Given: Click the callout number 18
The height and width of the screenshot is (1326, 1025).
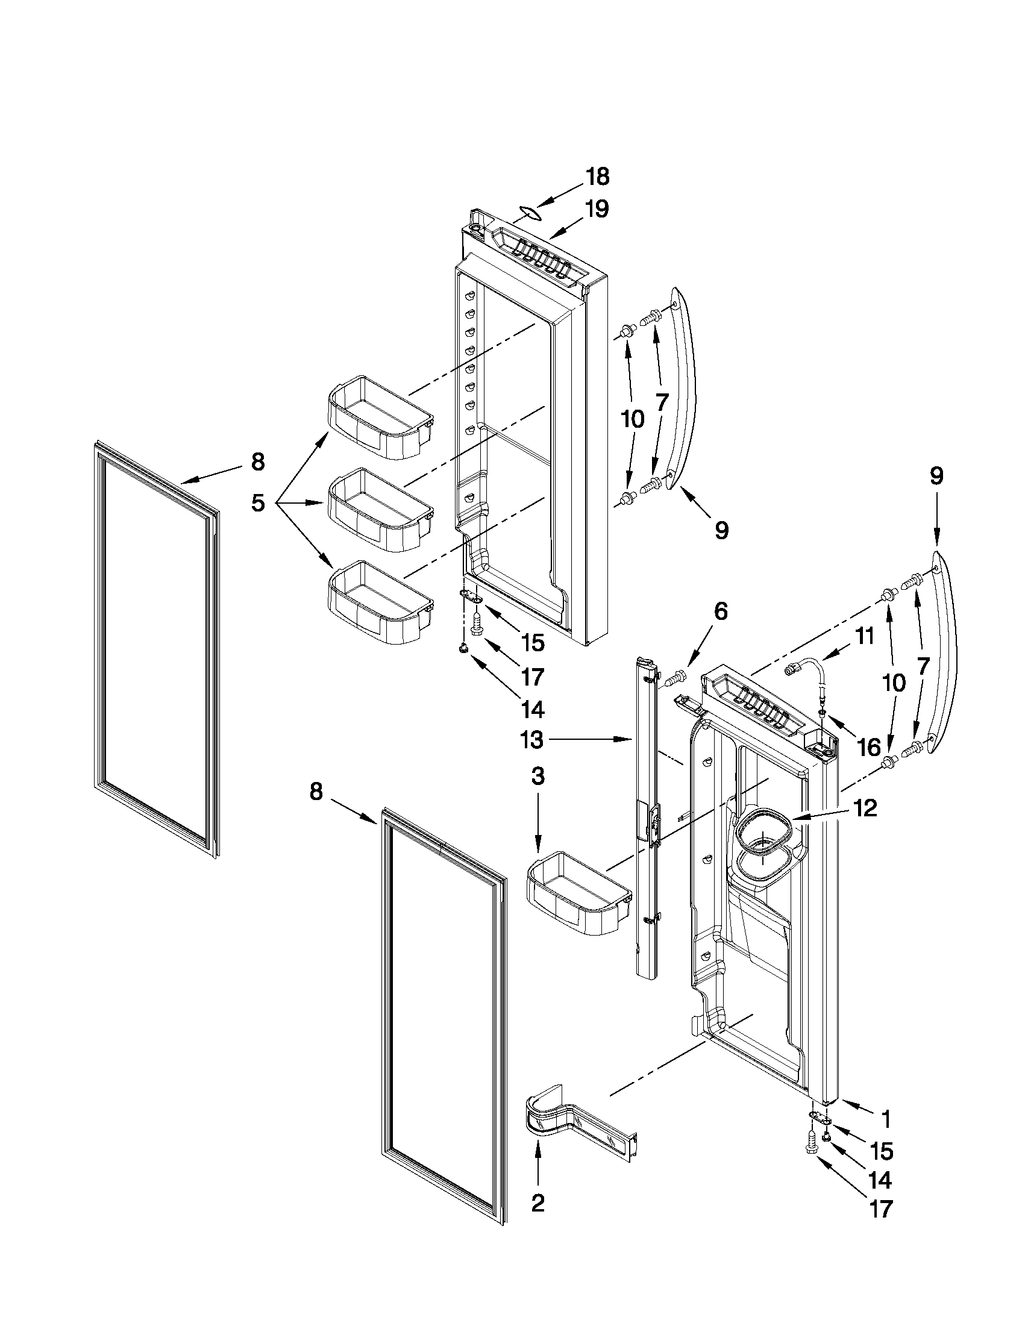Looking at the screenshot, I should (597, 177).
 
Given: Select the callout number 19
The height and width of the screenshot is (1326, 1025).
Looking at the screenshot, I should (597, 209).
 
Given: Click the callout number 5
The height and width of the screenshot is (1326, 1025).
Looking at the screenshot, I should (259, 502).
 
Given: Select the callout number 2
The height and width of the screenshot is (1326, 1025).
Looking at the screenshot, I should (538, 1202).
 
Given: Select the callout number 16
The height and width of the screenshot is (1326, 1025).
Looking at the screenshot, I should (870, 748).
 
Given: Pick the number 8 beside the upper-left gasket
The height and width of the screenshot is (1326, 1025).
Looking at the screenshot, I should (258, 463).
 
